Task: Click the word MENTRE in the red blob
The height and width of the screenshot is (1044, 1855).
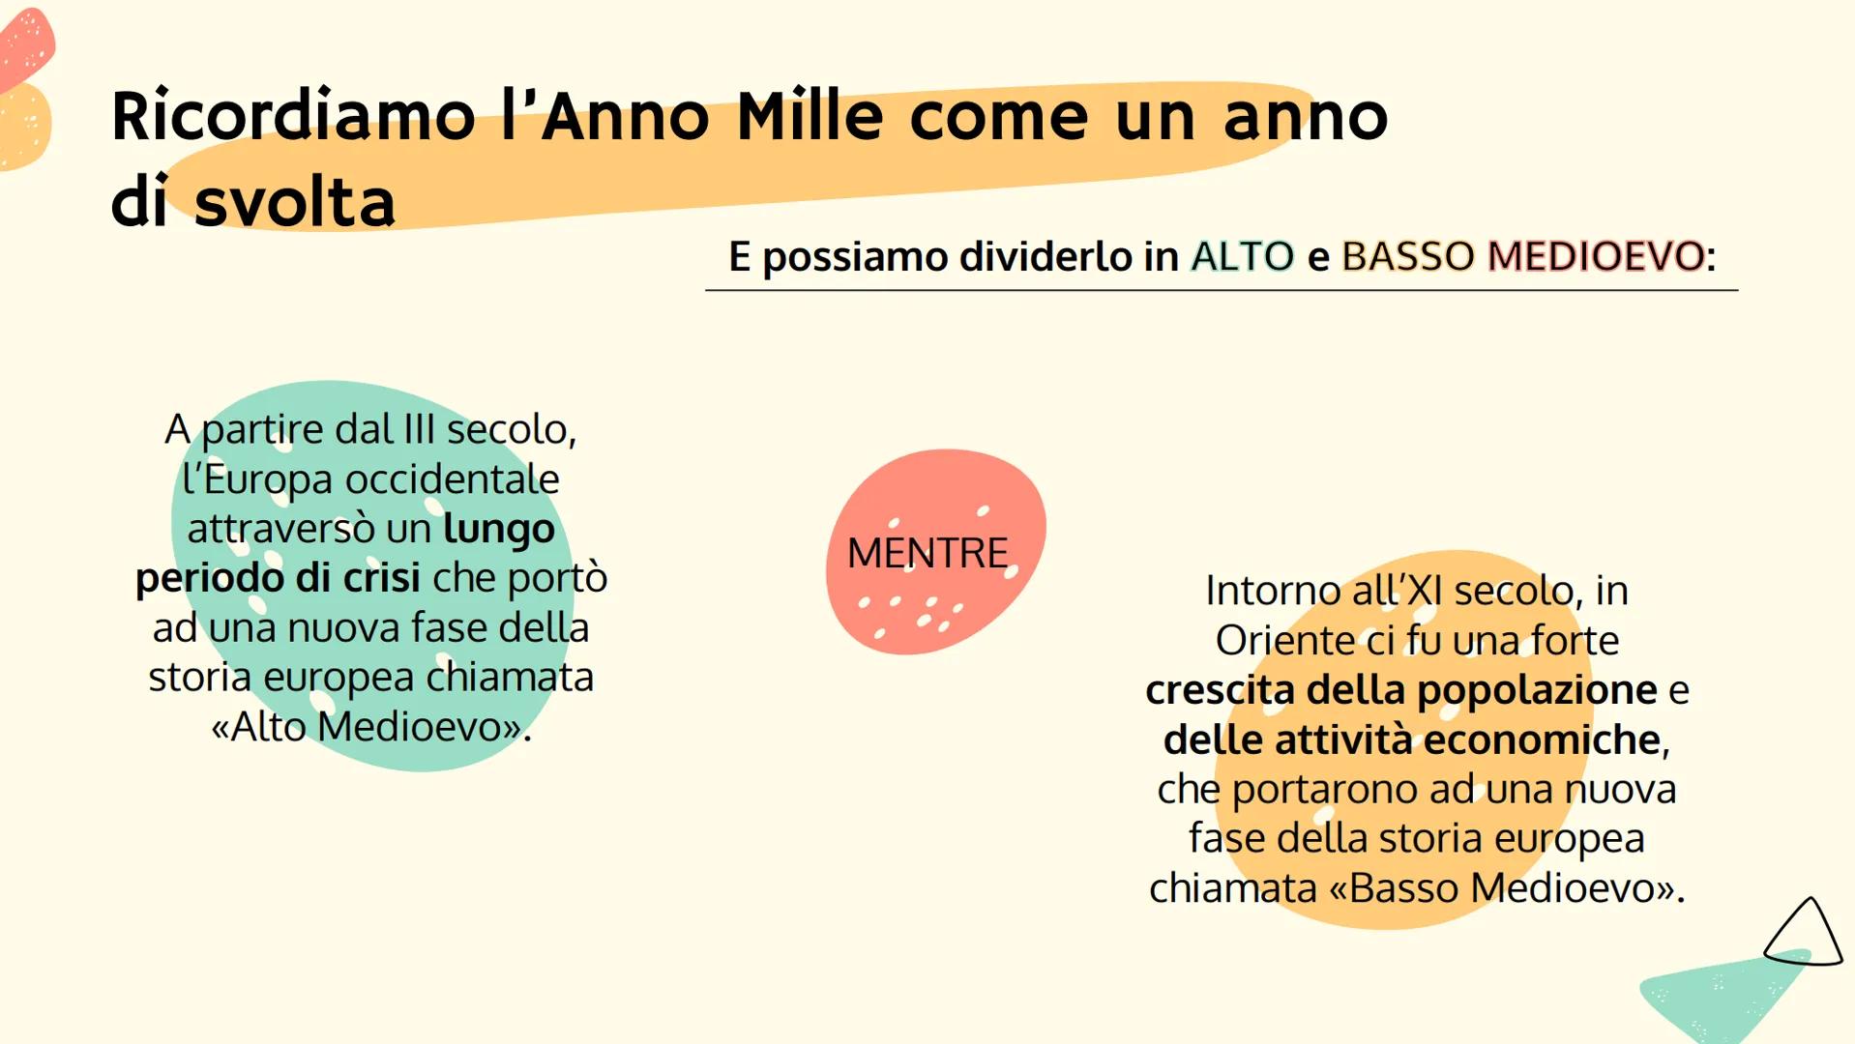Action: [927, 553]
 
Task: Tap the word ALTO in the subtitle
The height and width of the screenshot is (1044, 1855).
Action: [1243, 256]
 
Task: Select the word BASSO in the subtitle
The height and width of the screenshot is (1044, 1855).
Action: [1408, 256]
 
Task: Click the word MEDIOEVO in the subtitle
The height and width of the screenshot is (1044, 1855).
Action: [1596, 256]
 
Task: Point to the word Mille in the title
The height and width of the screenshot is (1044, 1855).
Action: [810, 116]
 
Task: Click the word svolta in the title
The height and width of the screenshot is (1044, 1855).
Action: [295, 202]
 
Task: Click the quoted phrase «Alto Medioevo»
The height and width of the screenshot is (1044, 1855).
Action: [371, 727]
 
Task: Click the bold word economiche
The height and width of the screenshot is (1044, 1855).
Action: [1542, 739]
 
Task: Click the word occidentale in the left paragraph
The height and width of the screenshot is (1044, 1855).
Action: [452, 479]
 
